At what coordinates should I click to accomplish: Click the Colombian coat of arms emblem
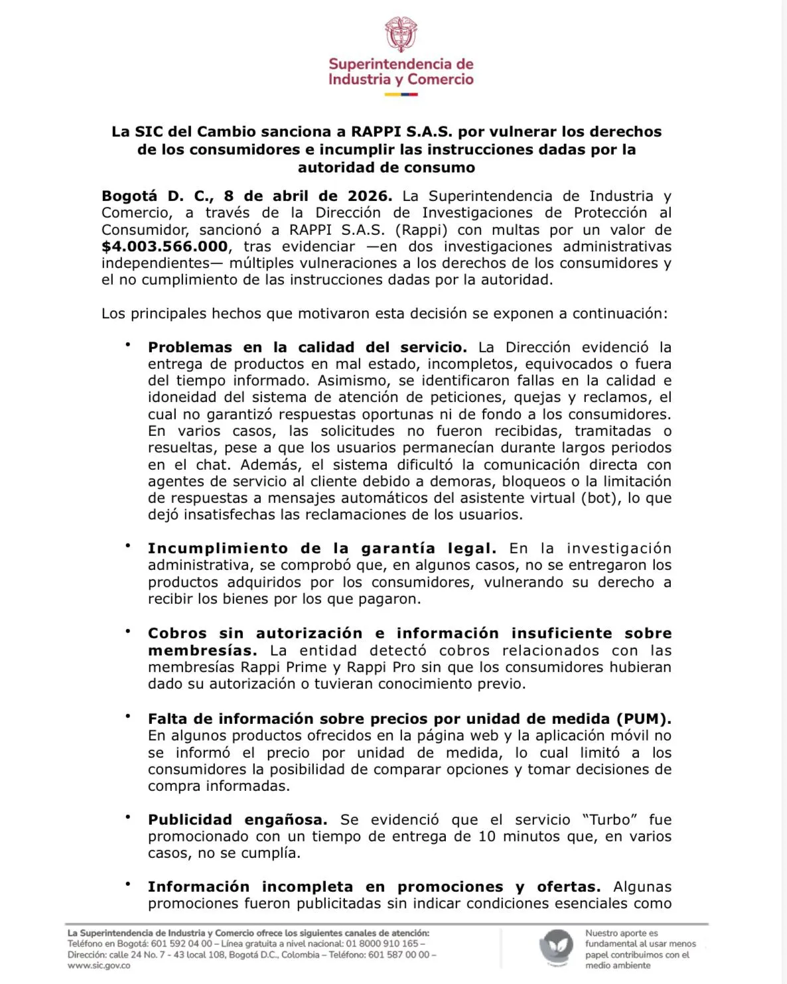pyautogui.click(x=401, y=35)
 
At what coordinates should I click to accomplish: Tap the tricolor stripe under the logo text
pyautogui.click(x=401, y=94)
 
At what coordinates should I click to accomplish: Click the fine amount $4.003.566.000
pyautogui.click(x=165, y=247)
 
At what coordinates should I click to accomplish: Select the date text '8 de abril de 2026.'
pyautogui.click(x=308, y=196)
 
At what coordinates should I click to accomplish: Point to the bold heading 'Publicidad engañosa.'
pyautogui.click(x=237, y=820)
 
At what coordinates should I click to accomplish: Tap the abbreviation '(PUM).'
pyautogui.click(x=643, y=719)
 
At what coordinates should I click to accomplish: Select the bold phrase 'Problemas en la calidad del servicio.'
pyautogui.click(x=307, y=348)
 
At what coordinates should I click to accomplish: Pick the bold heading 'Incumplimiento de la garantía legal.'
pyautogui.click(x=322, y=549)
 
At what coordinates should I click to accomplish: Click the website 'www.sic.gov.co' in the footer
pyautogui.click(x=99, y=965)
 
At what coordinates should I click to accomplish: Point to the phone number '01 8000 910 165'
pyautogui.click(x=382, y=944)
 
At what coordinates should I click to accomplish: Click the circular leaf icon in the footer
pyautogui.click(x=556, y=948)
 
